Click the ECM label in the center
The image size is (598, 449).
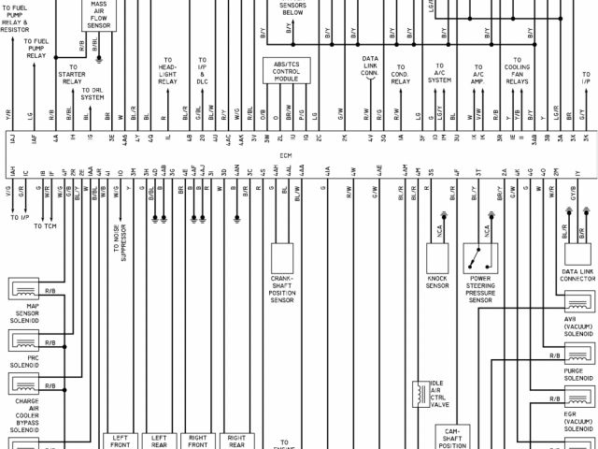(x=299, y=156)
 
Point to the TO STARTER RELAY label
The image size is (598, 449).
(x=74, y=75)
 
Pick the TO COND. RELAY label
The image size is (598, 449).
(x=400, y=76)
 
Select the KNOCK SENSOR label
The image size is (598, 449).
(x=439, y=282)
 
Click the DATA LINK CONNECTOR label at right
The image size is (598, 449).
(x=578, y=273)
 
